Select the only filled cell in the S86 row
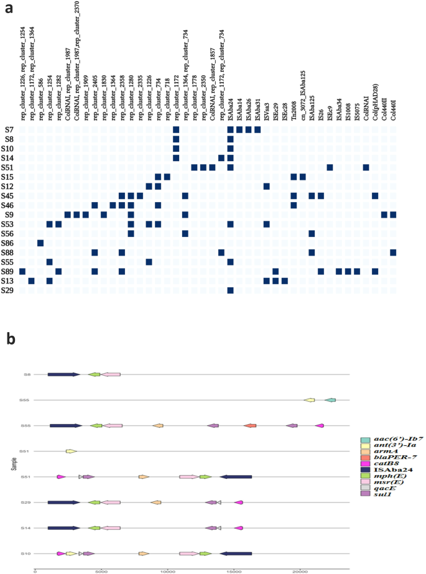[40, 242]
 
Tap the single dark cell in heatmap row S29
[230, 290]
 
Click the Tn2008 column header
[294, 106]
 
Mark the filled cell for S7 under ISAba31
[257, 129]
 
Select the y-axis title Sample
[13, 463]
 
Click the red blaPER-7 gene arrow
[250, 425]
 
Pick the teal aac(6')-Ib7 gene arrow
[330, 400]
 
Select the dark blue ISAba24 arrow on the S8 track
[64, 374]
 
